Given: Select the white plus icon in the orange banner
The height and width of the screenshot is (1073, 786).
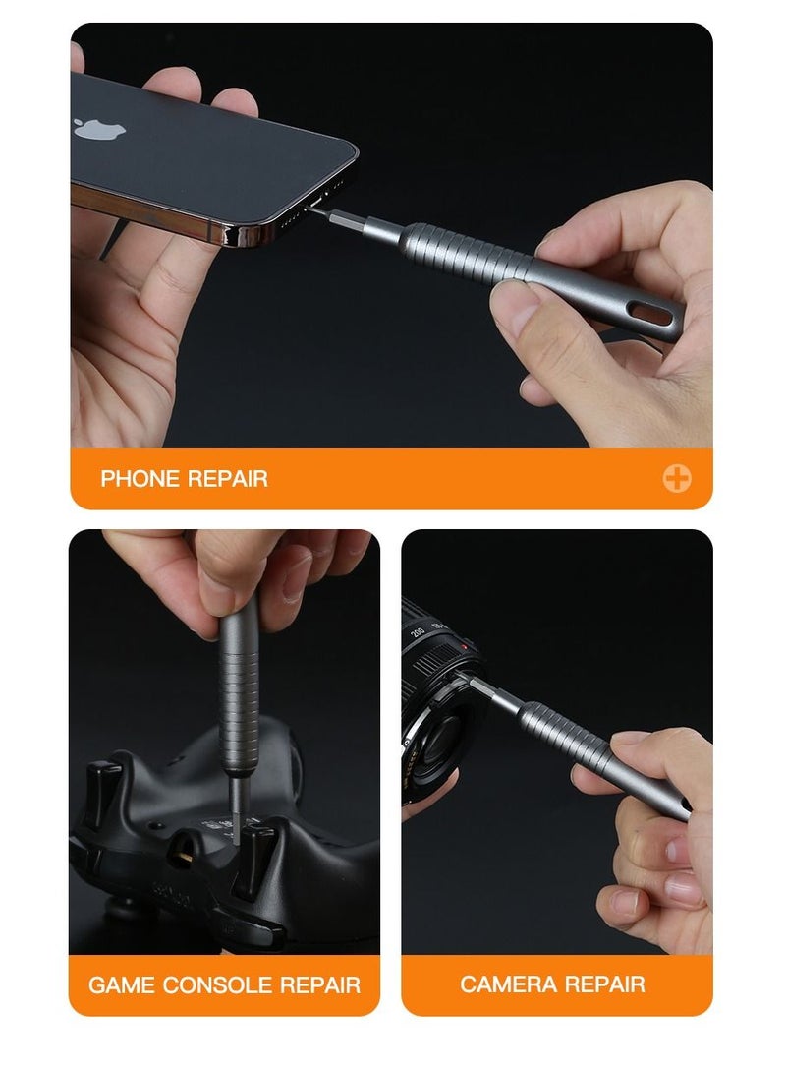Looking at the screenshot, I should click(676, 479).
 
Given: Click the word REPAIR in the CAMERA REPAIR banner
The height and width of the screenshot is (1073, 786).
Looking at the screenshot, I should click(606, 984).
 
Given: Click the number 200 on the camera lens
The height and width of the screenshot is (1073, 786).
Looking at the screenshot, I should click(418, 629).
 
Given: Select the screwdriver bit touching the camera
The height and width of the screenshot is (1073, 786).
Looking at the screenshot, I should click(500, 693).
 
